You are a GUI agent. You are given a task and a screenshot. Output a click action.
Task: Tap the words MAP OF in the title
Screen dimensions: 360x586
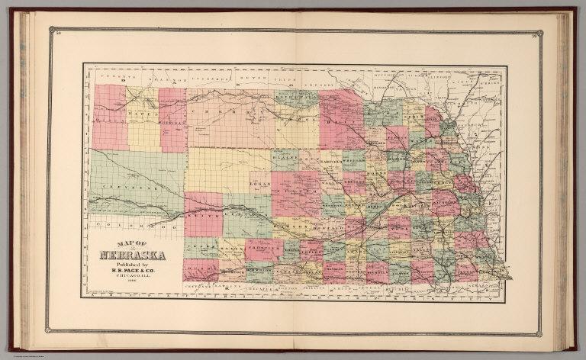pos(114,245)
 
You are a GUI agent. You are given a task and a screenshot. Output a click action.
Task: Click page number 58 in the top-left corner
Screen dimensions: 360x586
pos(51,31)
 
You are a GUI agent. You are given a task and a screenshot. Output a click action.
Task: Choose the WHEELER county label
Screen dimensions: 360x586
pos(353,162)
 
